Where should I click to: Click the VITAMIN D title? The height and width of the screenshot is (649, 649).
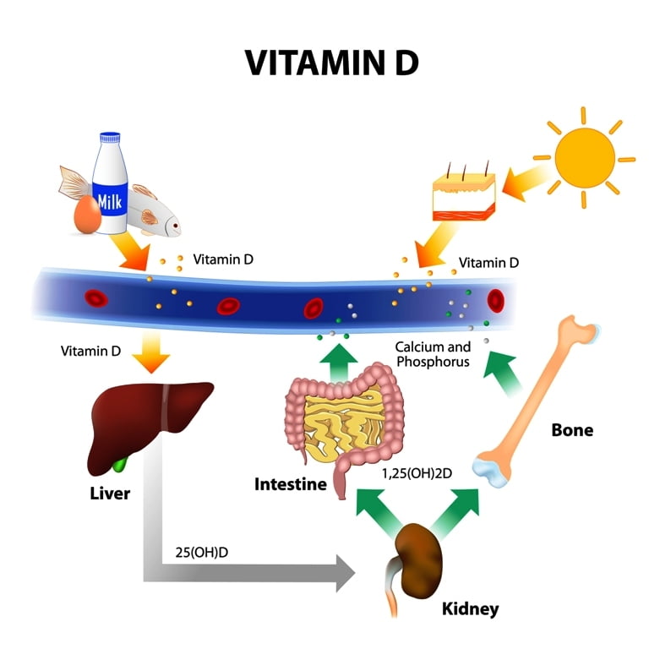click(331, 63)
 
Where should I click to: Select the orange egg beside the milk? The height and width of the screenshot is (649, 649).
click(87, 215)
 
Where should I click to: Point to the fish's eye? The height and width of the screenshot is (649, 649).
click(176, 226)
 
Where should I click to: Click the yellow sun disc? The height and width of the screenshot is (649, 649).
click(585, 157)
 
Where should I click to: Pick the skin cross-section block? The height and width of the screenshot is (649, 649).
click(464, 195)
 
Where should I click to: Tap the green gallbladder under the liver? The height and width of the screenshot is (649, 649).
click(121, 466)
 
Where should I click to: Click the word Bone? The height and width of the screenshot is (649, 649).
click(572, 430)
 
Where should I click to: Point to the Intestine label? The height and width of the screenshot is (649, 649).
click(291, 484)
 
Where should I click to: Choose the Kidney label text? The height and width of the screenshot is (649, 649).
click(470, 608)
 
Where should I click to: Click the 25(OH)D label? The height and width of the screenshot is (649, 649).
click(202, 552)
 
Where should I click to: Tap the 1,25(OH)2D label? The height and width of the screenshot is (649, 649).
click(417, 473)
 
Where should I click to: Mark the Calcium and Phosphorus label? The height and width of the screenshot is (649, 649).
click(433, 354)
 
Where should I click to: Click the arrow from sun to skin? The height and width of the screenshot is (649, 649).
click(526, 180)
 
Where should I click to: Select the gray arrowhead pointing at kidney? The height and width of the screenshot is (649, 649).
click(346, 573)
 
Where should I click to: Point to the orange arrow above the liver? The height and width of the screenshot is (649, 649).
click(151, 352)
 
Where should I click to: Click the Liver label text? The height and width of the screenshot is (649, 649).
click(110, 494)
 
